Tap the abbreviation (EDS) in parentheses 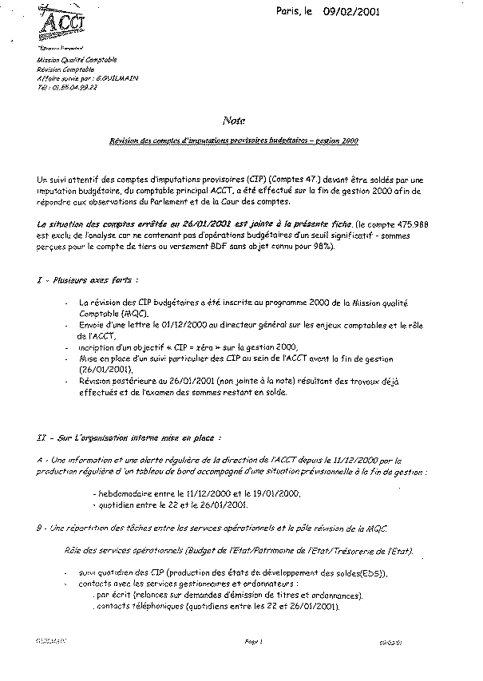(372, 572)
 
